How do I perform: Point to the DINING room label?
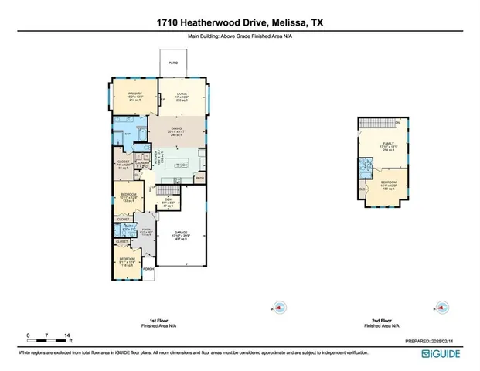pos(176,128)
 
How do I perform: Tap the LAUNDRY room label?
pos(142,162)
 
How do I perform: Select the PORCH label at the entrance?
pos(148,270)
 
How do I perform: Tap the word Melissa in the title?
pos(284,23)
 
